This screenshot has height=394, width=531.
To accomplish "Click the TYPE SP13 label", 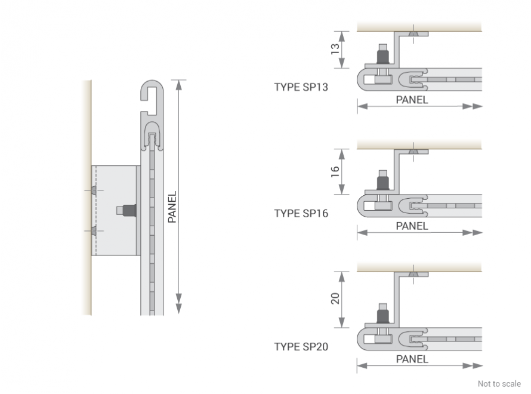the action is pos(301,87).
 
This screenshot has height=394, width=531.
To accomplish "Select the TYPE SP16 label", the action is pos(301,214).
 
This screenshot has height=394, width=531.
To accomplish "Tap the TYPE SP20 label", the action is pos(301,347).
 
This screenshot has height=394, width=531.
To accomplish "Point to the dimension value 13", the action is pos(335,49).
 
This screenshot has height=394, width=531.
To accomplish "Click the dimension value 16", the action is pos(335,171).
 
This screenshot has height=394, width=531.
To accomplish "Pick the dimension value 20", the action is pos(335,298).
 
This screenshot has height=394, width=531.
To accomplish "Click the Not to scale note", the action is pos(499,384).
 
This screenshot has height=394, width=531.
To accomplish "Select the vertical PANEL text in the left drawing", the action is pos(172,207).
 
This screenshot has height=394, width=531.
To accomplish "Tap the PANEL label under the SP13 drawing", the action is pos(412,100).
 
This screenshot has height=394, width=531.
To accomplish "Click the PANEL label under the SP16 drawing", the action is pos(412,226).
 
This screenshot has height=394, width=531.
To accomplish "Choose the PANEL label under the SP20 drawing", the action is pos(412,359).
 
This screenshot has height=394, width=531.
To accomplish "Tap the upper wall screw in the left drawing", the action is pos(94,190).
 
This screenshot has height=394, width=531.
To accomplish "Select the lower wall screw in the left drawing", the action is pos(94,231).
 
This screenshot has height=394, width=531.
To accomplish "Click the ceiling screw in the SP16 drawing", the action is pos(413,152).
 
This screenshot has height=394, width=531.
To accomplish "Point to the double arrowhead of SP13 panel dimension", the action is pos(473,106).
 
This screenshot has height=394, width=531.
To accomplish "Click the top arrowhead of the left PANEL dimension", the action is pos(179,85).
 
